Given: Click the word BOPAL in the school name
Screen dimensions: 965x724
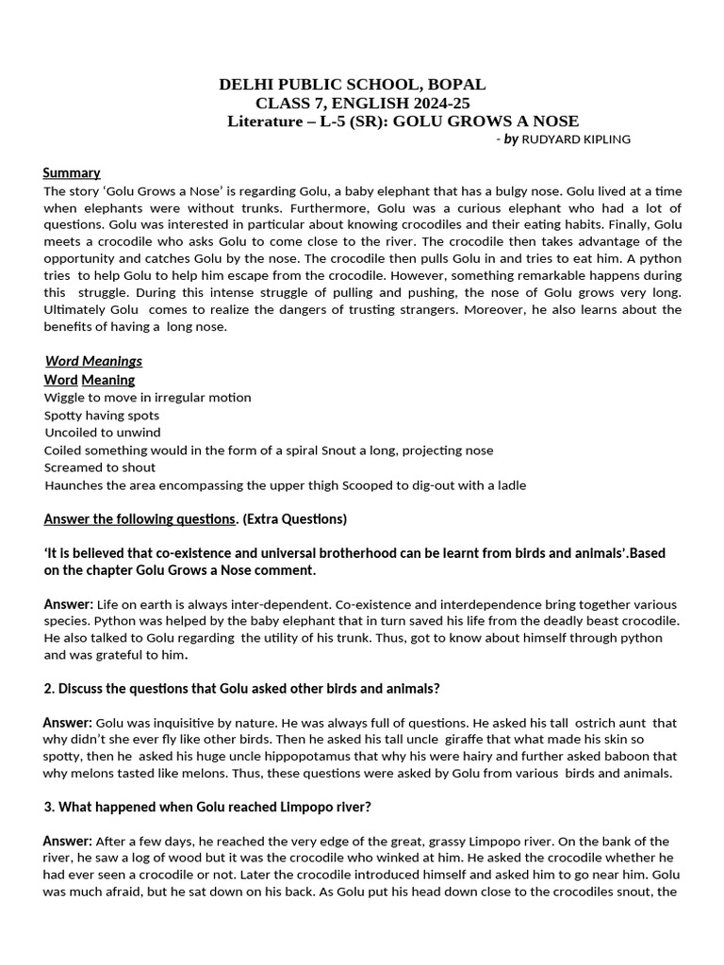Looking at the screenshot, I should tap(456, 85).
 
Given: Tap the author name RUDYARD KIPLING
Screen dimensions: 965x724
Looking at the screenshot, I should tap(576, 139).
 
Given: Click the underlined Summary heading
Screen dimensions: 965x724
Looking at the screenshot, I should tap(72, 172).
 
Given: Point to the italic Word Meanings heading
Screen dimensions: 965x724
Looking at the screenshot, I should tap(93, 361).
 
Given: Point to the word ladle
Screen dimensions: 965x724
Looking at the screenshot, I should tap(509, 485).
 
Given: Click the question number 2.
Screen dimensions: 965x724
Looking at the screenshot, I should tap(49, 689).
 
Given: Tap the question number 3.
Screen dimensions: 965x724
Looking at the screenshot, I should tap(49, 808).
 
